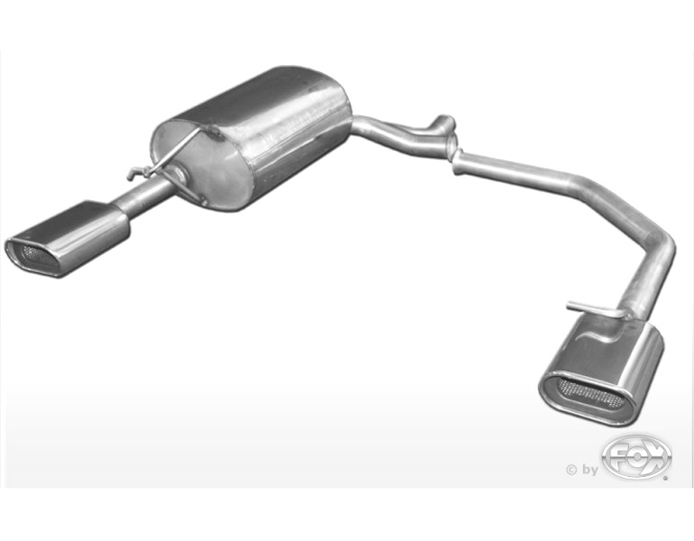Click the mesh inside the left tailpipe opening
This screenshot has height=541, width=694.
pyautogui.click(x=40, y=255)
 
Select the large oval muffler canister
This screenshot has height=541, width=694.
pyautogui.click(x=250, y=138)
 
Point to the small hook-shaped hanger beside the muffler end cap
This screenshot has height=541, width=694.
pyautogui.click(x=136, y=173)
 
